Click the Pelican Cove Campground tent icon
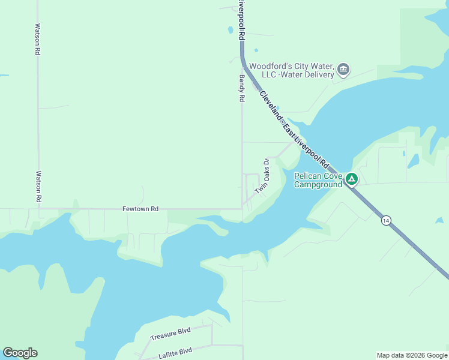(351, 179)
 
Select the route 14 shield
(384, 221)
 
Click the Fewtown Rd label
(140, 209)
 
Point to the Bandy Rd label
(242, 88)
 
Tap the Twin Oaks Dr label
(263, 176)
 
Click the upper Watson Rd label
(37, 40)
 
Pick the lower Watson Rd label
(38, 187)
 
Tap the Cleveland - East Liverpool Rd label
(295, 130)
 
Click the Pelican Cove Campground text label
(318, 180)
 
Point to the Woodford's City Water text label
(292, 70)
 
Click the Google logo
(20, 353)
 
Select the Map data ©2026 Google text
(412, 355)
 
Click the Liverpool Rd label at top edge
(241, 20)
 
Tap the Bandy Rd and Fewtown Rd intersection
(242, 209)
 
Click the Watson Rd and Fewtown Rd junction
(38, 209)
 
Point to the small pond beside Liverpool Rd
(230, 29)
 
